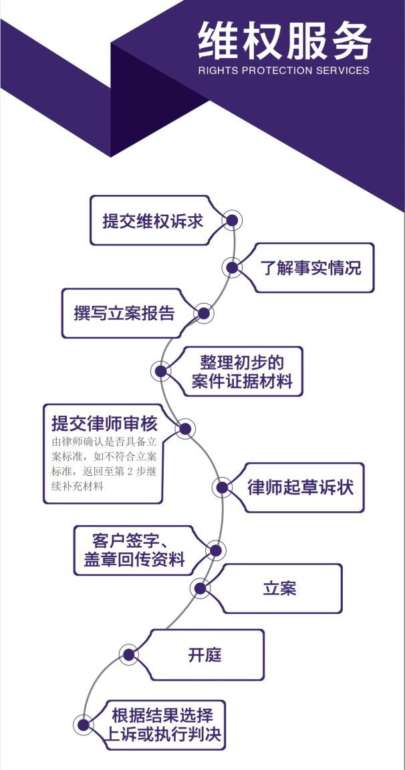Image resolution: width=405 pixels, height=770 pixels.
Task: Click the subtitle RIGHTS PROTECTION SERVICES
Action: coord(283,70)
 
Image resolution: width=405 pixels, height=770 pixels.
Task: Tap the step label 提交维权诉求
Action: coord(152,221)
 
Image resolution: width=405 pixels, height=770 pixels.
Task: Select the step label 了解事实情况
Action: coord(310,268)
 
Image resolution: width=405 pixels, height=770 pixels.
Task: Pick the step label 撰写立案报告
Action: coord(124,313)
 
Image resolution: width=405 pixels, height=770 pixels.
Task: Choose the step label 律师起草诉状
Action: coord(300,486)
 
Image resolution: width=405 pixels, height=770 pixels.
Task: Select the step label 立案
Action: coord(279,589)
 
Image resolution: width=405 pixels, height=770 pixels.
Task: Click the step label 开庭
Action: coord(205,654)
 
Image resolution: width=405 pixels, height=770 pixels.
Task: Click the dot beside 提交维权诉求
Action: coord(232,220)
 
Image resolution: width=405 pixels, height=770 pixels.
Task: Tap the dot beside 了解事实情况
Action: coord(232,268)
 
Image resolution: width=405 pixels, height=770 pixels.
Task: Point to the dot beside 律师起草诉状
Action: coord(223,487)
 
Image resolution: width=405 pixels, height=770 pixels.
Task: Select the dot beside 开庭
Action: coord(130,654)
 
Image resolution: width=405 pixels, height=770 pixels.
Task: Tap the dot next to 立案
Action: coord(199,588)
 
